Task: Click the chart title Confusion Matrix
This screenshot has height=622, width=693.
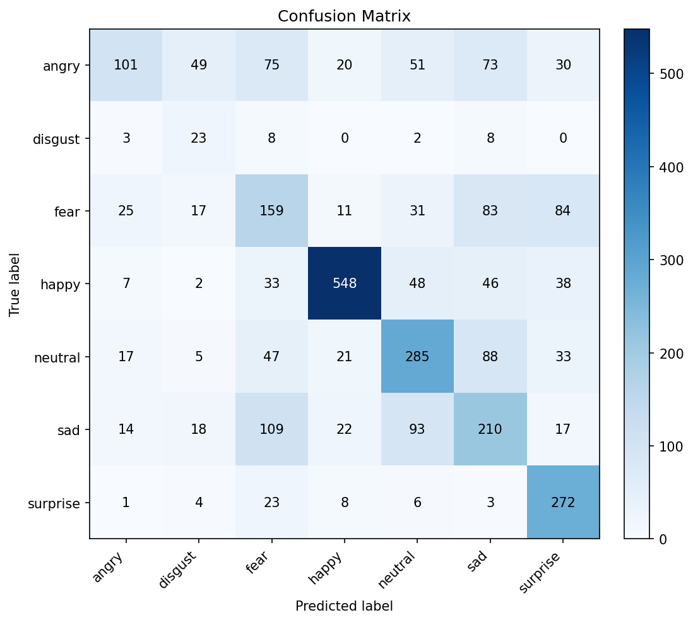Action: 344,16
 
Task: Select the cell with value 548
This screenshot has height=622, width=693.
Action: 345,284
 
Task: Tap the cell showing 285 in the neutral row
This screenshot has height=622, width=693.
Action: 417,357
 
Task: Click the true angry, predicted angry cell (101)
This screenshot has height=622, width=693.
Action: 126,65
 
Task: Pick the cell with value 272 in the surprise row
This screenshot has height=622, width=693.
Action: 563,503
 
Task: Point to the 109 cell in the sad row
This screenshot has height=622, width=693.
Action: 271,429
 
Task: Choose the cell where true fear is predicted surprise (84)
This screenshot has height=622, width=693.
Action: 563,211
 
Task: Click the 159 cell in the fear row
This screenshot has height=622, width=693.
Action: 271,211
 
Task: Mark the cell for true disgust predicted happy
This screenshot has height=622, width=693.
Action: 345,138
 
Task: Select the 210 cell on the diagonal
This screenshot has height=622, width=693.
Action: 490,429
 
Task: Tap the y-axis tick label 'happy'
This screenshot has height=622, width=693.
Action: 60,284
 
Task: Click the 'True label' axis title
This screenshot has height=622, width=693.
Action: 15,284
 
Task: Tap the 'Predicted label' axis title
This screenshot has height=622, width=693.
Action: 344,606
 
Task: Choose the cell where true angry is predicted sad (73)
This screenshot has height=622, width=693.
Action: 490,65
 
